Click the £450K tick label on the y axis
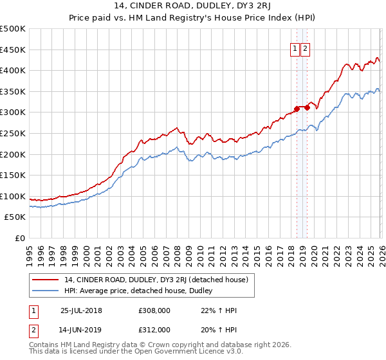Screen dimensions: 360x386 [12, 50]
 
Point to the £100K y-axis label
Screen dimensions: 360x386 [12, 196]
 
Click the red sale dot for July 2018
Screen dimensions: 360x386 [297, 109]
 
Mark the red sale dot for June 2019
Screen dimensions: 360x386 [307, 107]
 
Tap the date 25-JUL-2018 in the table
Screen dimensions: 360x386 [81, 310]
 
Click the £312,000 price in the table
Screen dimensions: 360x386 [154, 330]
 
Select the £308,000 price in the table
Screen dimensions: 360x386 [154, 310]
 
